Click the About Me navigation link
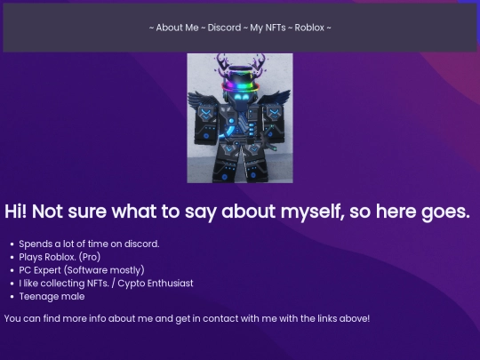[177, 28]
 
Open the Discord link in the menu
[224, 28]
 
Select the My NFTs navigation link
[268, 28]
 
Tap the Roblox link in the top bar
[309, 28]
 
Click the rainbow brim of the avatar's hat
[240, 87]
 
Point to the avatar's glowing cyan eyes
[241, 98]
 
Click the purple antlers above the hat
[240, 62]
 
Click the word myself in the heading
[313, 212]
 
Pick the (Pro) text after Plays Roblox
[90, 257]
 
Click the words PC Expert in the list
[40, 270]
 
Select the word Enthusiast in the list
[170, 284]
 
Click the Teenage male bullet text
[52, 296]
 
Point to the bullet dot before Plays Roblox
[12, 258]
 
